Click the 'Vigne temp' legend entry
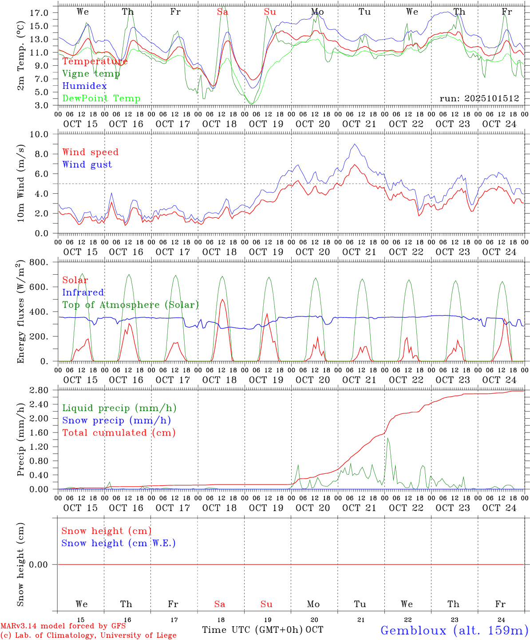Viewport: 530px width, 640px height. pos(91,74)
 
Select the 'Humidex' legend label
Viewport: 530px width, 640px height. pos(84,86)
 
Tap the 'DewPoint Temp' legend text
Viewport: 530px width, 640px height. pos(101,99)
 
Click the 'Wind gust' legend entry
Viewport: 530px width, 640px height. pos(87,164)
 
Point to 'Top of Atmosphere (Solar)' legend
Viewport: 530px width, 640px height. pos(130,305)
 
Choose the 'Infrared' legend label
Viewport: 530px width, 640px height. pos(83,292)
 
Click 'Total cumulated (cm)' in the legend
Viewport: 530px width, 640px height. pos(119,433)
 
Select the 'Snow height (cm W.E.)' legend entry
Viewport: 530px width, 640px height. pos(119,543)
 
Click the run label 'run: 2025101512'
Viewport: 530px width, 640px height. pos(479,99)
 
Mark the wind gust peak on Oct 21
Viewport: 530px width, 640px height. pos(354,144)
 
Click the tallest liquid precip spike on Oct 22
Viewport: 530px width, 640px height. pos(388,438)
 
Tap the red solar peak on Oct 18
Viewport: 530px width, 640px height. pos(222,300)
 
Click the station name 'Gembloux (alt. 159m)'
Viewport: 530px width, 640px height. pos(454,630)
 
